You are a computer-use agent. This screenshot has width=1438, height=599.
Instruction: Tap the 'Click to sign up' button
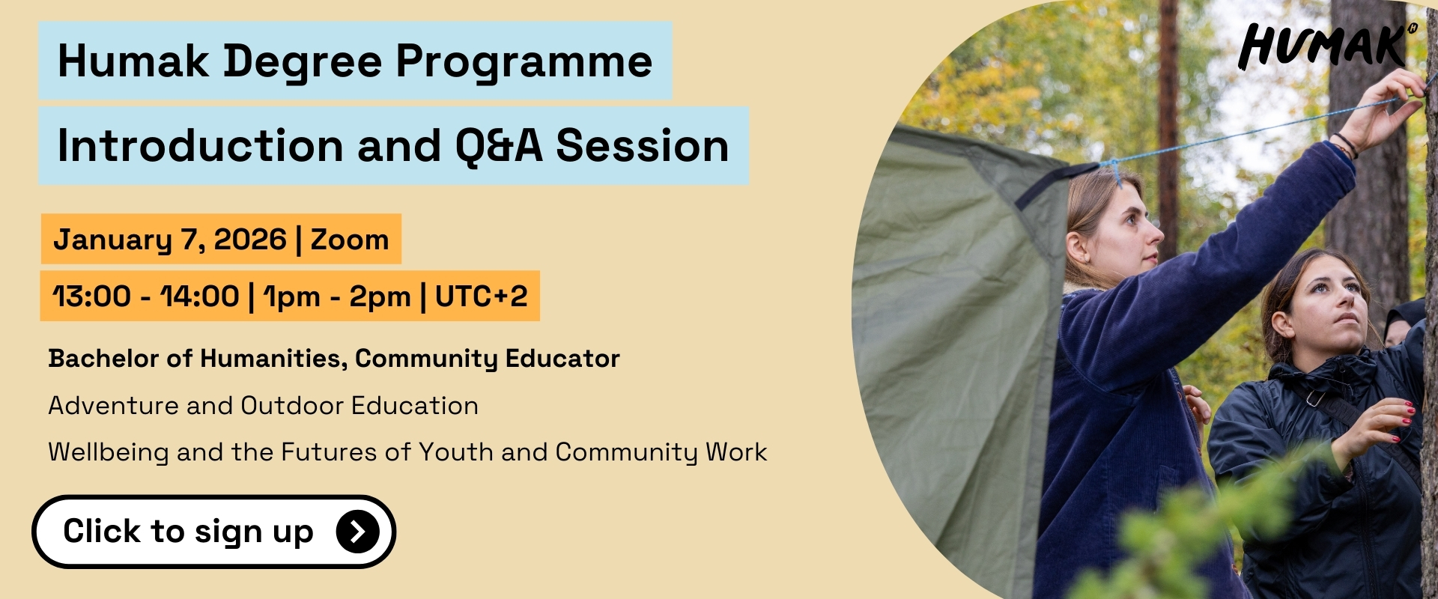click(x=213, y=532)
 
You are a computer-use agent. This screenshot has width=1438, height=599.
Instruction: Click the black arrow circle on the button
click(x=358, y=532)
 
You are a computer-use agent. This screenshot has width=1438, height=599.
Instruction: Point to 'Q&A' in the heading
click(x=499, y=146)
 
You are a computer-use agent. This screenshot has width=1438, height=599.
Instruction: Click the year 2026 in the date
click(x=250, y=240)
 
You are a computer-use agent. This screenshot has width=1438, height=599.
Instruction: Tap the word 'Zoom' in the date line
click(x=350, y=240)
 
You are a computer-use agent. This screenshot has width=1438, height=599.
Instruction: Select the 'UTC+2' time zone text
click(x=482, y=297)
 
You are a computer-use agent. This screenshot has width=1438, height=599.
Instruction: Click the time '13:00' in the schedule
click(x=92, y=297)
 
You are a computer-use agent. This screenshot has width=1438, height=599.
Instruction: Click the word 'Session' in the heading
click(x=643, y=146)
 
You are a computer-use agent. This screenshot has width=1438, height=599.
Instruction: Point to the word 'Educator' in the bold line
click(x=562, y=359)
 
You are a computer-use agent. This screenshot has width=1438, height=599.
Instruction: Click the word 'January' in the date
click(x=113, y=240)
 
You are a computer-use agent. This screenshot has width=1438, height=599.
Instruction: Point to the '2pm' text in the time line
click(x=380, y=297)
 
